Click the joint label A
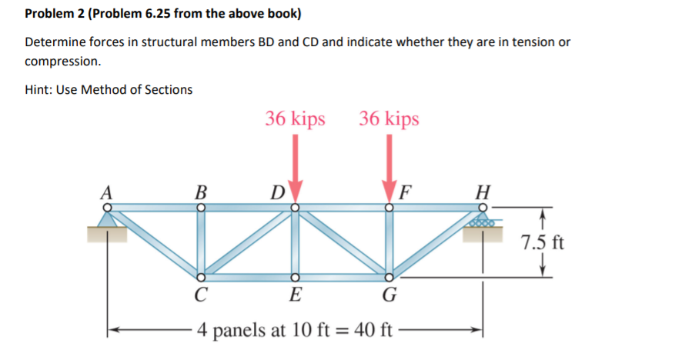point(109,192)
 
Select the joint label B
point(202,192)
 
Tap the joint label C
point(201,294)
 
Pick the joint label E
point(294,294)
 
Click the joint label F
point(406,192)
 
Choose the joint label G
point(389,294)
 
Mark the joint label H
point(483,192)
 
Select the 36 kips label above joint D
point(295,119)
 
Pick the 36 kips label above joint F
point(389,119)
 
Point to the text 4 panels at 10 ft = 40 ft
point(296,331)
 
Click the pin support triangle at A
point(109,220)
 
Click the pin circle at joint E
point(294,277)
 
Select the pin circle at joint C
point(201,277)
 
